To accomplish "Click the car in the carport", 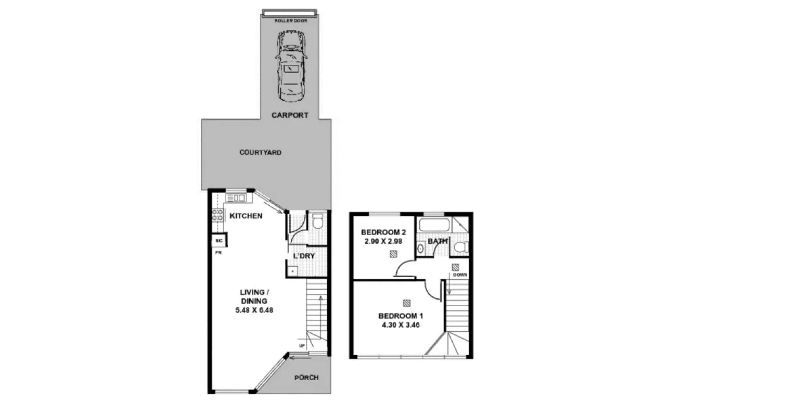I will point(291,66).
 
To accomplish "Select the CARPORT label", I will point(290,115).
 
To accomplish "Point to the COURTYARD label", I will point(260,152).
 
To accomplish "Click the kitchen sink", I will point(236,198).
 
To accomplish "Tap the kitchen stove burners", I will point(217,215).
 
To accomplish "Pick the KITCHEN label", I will point(246,216).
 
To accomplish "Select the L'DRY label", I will point(303,256).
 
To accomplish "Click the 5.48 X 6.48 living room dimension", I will point(254,310).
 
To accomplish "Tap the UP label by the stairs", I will point(302,346).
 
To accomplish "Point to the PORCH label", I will point(306,377).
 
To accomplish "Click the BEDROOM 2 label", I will point(383,232).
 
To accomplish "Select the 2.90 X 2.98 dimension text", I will point(383,241).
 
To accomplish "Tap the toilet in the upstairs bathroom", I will point(461,247).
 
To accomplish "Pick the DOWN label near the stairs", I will point(460,275).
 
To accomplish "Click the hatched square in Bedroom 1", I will point(406,303).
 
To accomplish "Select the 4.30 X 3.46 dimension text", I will point(400,325).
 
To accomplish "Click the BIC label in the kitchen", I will point(219,241).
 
